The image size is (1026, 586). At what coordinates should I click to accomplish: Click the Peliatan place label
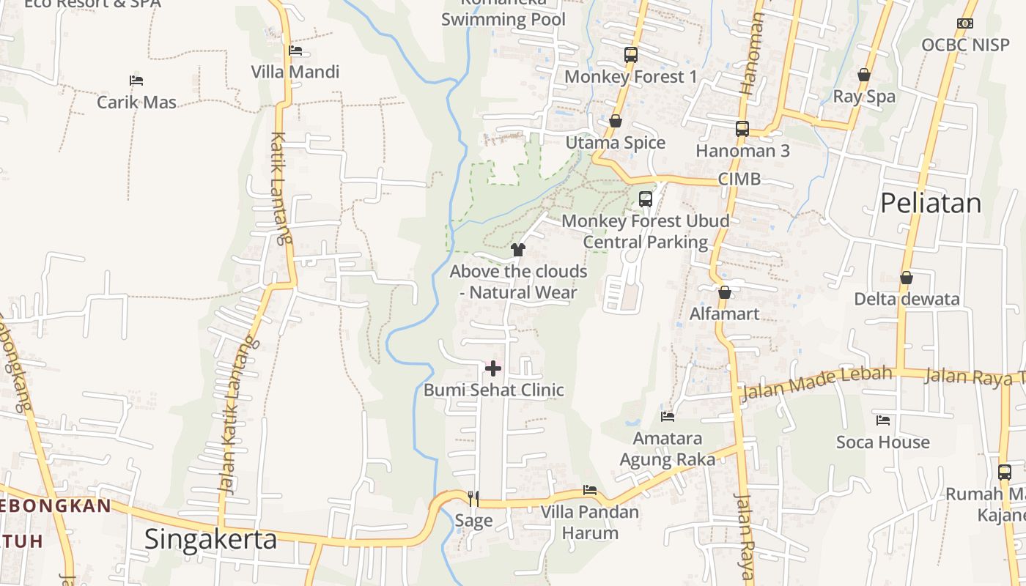click(930, 203)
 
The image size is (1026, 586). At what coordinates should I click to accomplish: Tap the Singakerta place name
click(210, 539)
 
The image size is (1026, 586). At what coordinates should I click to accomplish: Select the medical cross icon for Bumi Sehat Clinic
click(493, 368)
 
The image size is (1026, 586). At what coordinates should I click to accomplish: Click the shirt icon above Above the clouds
click(518, 250)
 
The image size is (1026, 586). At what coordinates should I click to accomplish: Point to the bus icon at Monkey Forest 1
click(630, 54)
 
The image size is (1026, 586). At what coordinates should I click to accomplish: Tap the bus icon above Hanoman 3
click(742, 129)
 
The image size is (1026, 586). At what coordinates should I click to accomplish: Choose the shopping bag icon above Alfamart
click(725, 292)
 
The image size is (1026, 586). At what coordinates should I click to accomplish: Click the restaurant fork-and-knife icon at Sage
click(473, 498)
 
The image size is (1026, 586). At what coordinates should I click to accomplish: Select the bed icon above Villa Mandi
click(295, 51)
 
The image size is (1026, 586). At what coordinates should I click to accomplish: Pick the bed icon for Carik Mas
click(136, 80)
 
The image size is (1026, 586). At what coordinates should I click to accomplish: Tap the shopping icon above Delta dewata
click(907, 278)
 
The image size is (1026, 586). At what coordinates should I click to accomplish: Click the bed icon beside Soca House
click(883, 420)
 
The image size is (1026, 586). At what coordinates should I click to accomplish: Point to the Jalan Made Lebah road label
click(817, 383)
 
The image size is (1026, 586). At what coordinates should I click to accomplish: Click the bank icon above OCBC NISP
click(965, 23)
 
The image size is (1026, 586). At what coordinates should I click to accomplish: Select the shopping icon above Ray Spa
click(864, 75)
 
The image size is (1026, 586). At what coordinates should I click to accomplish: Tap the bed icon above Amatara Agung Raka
click(667, 416)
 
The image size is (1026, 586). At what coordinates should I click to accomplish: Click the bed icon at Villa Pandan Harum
click(590, 489)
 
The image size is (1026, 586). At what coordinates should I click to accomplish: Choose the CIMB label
click(739, 179)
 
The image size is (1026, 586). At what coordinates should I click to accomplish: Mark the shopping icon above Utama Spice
click(615, 121)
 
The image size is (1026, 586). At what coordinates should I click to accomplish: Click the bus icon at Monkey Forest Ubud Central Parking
click(645, 199)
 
